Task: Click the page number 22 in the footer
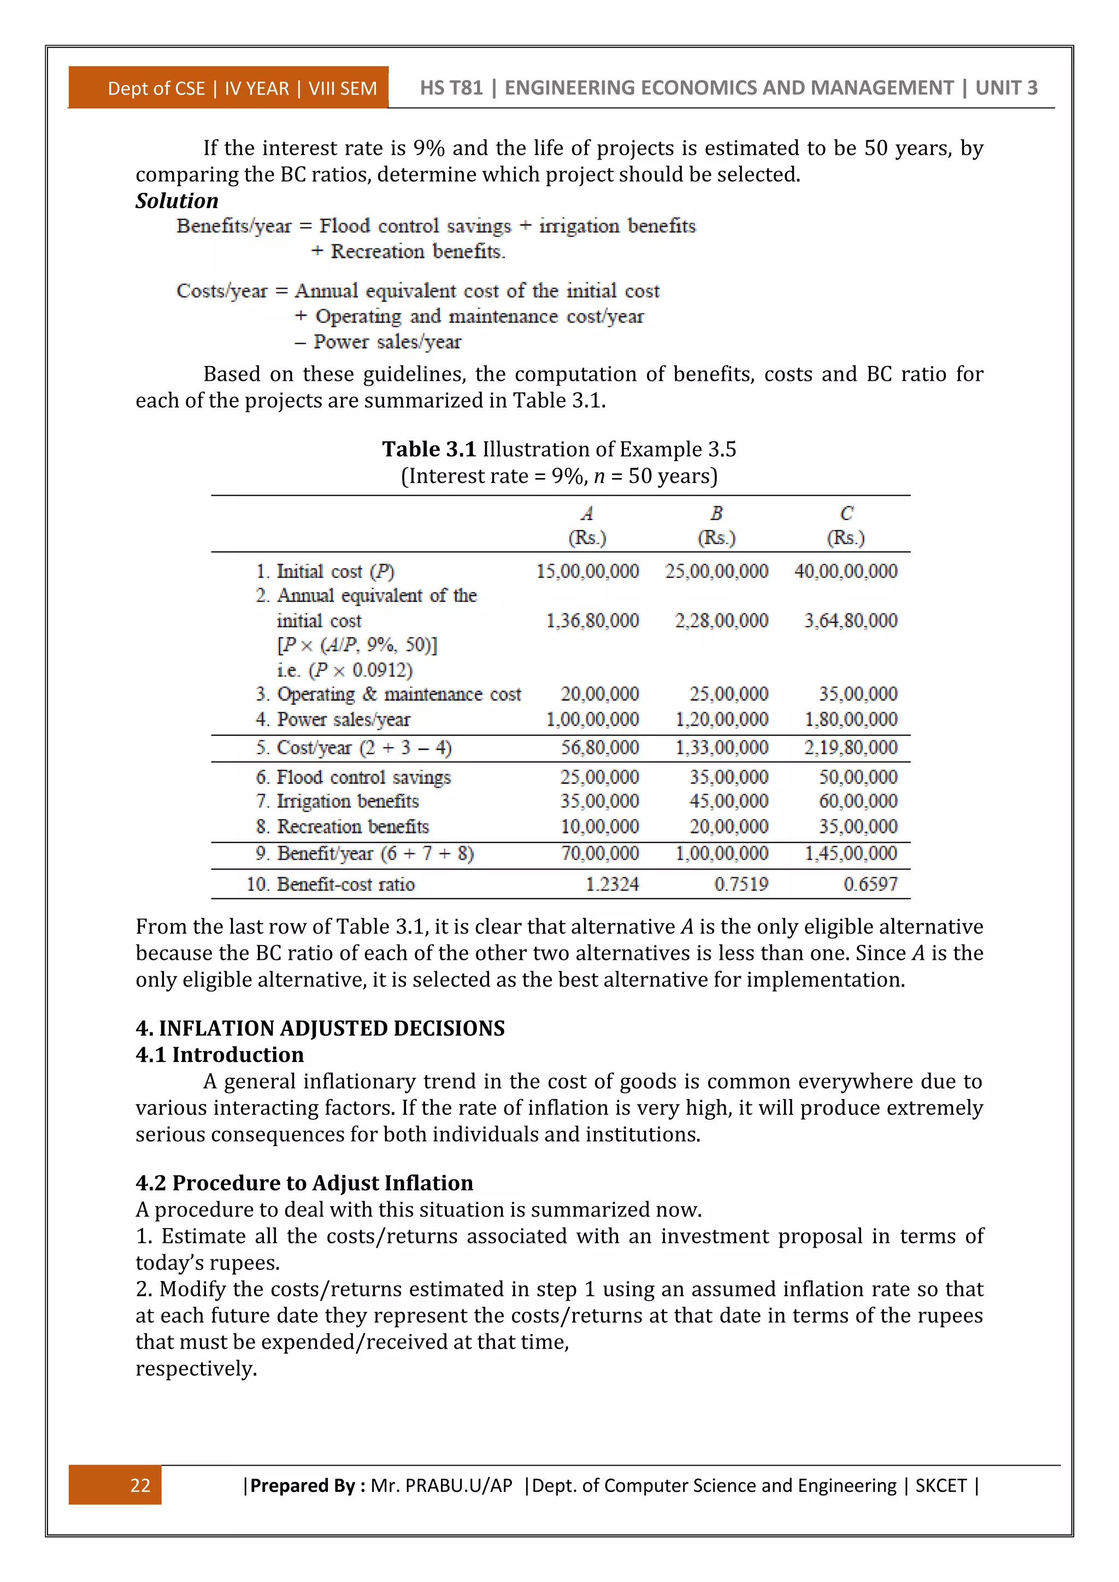pos(140,1485)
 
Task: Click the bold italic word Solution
pos(176,200)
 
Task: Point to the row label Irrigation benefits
pos(348,801)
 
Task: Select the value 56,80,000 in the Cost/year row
pos(599,748)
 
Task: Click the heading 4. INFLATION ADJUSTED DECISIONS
pos(320,1028)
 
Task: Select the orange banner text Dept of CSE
pos(156,89)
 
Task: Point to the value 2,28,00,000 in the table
pos(721,621)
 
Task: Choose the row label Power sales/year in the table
pos(343,719)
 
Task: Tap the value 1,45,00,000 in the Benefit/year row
pos(850,854)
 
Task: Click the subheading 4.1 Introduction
pos(219,1054)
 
